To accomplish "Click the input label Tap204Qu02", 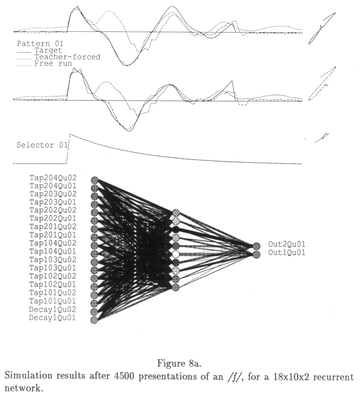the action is click(53, 178).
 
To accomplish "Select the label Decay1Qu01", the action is click(52, 318).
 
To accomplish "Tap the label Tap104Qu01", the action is click(53, 251).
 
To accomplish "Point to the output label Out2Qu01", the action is click(287, 244).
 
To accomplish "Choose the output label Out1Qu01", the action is click(287, 252).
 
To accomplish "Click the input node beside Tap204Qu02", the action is click(95, 180).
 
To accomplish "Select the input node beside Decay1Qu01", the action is click(94, 320).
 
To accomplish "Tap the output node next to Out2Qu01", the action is click(257, 246).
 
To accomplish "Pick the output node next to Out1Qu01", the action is click(257, 255).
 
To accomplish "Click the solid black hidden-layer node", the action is click(176, 229).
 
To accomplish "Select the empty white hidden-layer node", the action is click(176, 254).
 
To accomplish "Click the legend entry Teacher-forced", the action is click(67, 57).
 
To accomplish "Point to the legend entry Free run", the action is click(53, 63).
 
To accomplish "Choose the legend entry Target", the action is click(48, 50).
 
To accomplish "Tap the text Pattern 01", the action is click(40, 44).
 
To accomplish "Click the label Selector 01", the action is click(42, 145).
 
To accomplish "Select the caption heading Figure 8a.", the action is click(179, 364).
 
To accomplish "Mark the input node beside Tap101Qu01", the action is click(94, 303).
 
